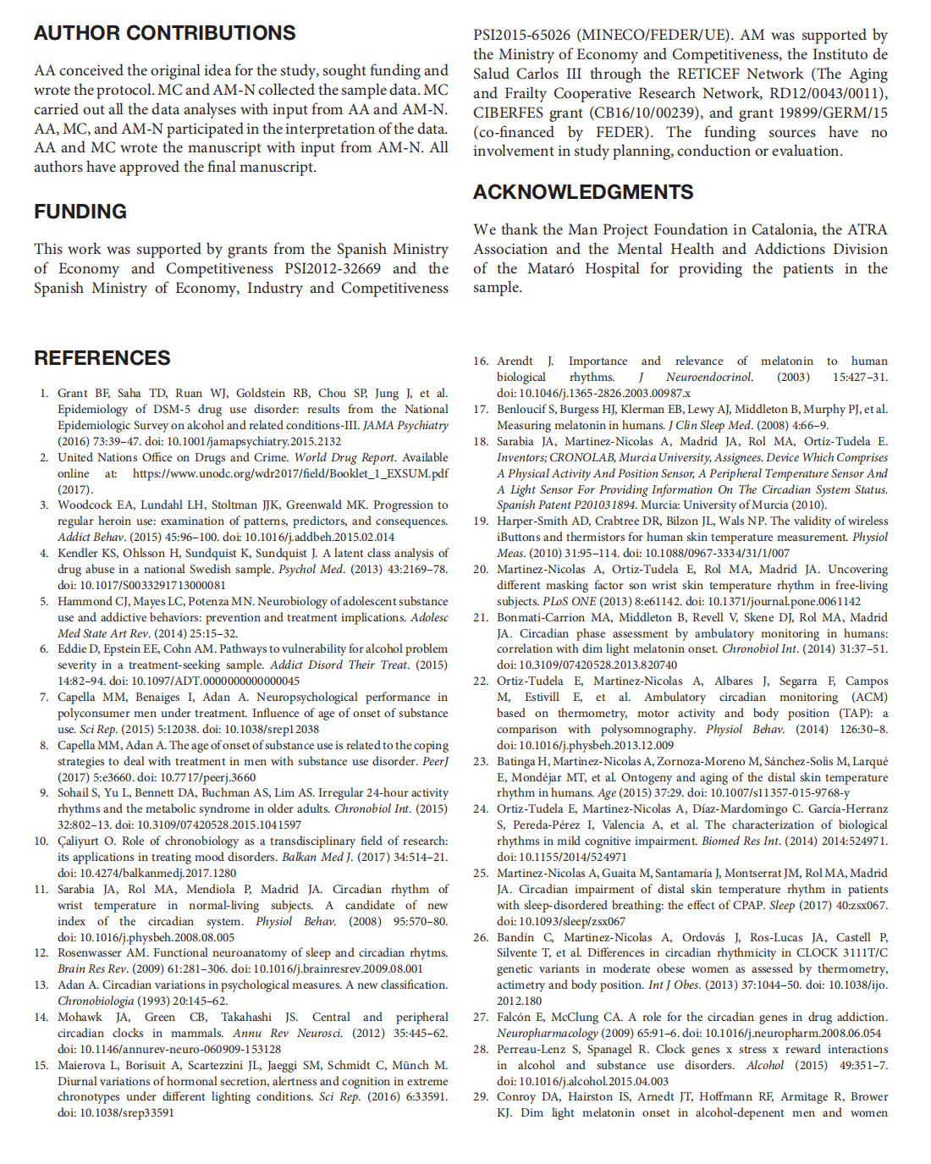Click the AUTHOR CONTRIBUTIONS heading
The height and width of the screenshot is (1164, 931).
point(165,33)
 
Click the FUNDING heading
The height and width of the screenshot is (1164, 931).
point(80,212)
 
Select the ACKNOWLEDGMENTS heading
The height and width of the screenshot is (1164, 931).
point(583,192)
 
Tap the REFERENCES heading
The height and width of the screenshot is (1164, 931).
point(102,358)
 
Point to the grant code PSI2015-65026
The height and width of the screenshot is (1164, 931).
point(521,35)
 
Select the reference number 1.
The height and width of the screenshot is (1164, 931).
point(44,393)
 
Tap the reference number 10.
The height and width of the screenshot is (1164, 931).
point(41,841)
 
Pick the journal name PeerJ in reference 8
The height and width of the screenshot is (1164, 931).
point(435,761)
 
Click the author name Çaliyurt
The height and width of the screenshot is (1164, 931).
point(80,841)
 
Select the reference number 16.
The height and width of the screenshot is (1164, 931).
point(481,361)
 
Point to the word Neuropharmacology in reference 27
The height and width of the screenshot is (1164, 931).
point(547,1033)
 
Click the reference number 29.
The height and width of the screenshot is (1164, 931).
point(481,1096)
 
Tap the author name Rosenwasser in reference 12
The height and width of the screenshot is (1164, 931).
point(91,952)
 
